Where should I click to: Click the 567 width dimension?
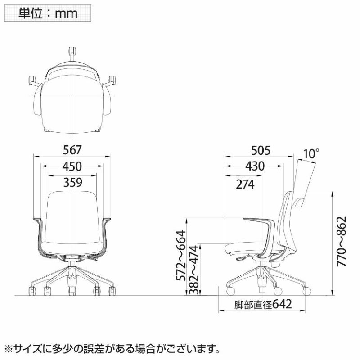coord(72,150)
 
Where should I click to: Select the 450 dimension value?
coord(72,166)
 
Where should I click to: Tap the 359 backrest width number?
coord(73,183)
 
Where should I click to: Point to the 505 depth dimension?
coord(261,151)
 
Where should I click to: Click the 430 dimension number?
coord(255,166)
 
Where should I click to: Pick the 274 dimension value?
coord(245,184)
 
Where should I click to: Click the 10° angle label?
coord(311,154)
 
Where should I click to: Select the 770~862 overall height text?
coord(341,241)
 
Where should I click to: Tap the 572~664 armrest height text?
coord(181,256)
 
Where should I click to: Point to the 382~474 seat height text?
coord(193,270)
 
